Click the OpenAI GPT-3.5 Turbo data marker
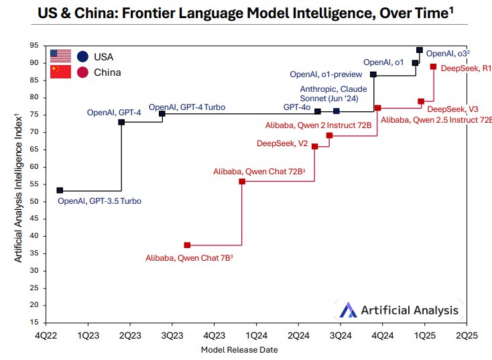pyautogui.click(x=60, y=190)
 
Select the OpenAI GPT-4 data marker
pyautogui.click(x=121, y=122)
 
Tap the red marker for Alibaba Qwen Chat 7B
pyautogui.click(x=187, y=245)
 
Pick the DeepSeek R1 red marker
pyautogui.click(x=434, y=66)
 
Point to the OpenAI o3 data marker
pyautogui.click(x=420, y=50)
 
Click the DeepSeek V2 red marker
pyautogui.click(x=314, y=146)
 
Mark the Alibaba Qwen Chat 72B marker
pyautogui.click(x=242, y=182)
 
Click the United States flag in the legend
pyautogui.click(x=60, y=56)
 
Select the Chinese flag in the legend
pyautogui.click(x=60, y=72)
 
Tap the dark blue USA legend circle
pyautogui.click(x=82, y=56)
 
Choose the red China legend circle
pyautogui.click(x=82, y=72)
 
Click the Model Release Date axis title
pyautogui.click(x=239, y=349)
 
